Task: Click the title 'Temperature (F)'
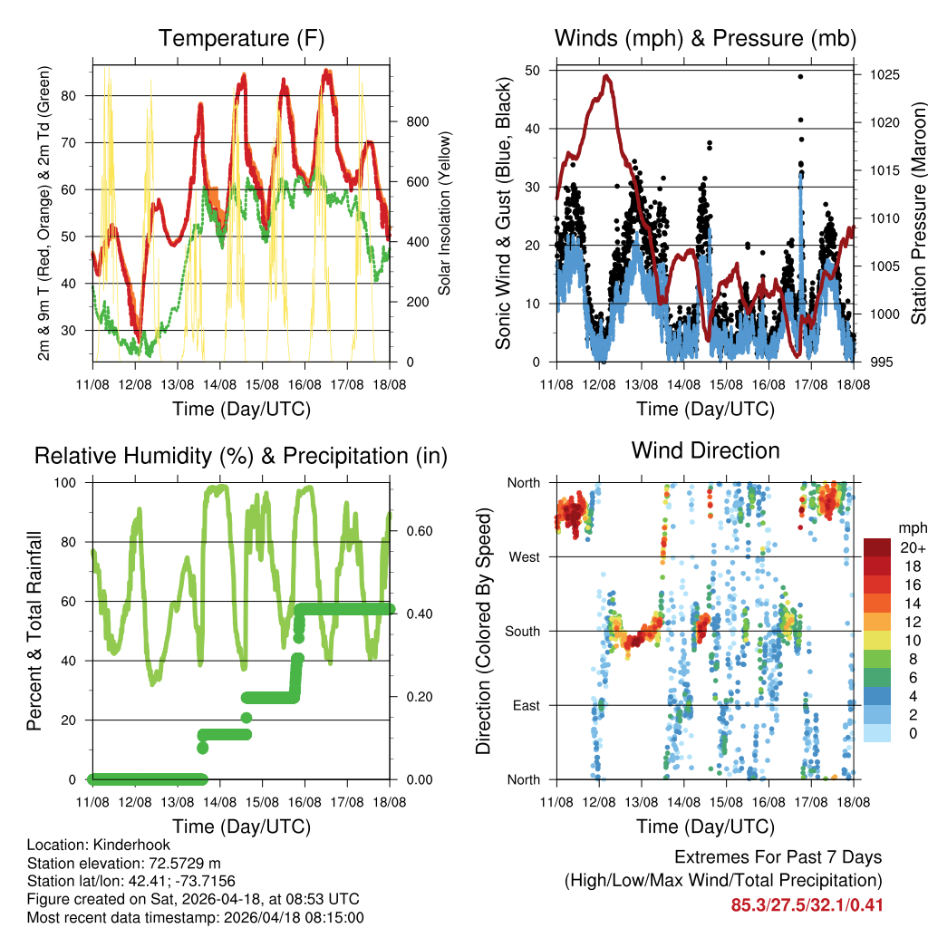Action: point(240,39)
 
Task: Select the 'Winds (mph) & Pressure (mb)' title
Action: point(705,39)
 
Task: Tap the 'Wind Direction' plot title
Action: point(705,450)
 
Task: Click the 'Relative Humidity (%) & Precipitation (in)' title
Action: point(240,456)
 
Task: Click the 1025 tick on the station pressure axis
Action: point(882,75)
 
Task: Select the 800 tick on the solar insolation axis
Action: point(411,122)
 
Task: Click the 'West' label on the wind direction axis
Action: point(524,557)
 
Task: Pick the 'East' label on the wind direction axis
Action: point(525,705)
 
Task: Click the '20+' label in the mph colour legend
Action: point(912,547)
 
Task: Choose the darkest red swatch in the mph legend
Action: point(876,547)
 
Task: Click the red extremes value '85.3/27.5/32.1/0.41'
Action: point(807,904)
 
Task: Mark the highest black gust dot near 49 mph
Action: point(800,76)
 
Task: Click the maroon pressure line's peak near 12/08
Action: point(606,76)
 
